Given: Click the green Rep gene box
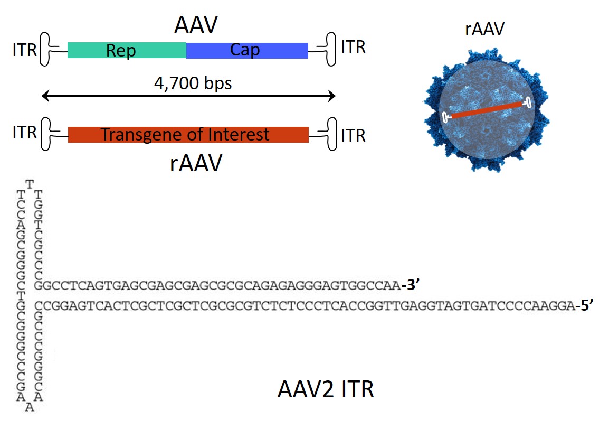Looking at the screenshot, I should click(127, 50).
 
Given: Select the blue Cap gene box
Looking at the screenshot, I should click(247, 50).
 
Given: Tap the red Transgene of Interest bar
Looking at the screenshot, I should click(188, 135).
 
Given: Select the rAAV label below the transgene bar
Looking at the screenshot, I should click(196, 164).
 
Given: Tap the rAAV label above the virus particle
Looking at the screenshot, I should click(484, 29).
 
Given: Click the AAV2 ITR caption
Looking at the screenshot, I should click(326, 390).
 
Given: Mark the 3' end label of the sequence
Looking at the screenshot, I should click(410, 286).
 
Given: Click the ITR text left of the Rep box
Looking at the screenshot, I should click(24, 50).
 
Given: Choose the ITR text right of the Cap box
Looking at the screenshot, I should click(353, 48).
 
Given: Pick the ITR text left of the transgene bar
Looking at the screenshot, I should click(24, 132).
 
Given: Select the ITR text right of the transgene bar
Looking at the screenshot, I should click(353, 135).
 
